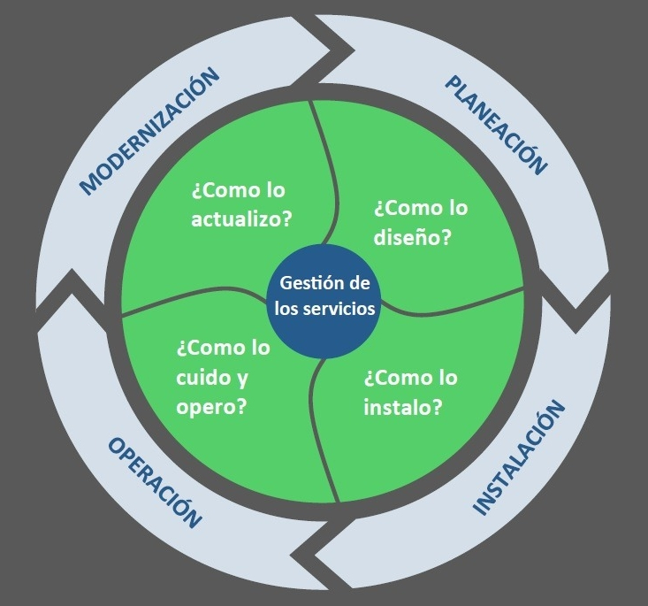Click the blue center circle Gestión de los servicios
click(x=324, y=297)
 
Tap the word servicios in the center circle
click(x=342, y=310)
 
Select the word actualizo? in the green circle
click(x=241, y=218)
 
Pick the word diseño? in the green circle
click(x=413, y=238)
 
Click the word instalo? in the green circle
click(x=403, y=408)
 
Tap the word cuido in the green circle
click(x=202, y=378)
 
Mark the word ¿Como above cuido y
click(x=210, y=348)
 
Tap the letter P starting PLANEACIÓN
click(x=451, y=84)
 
